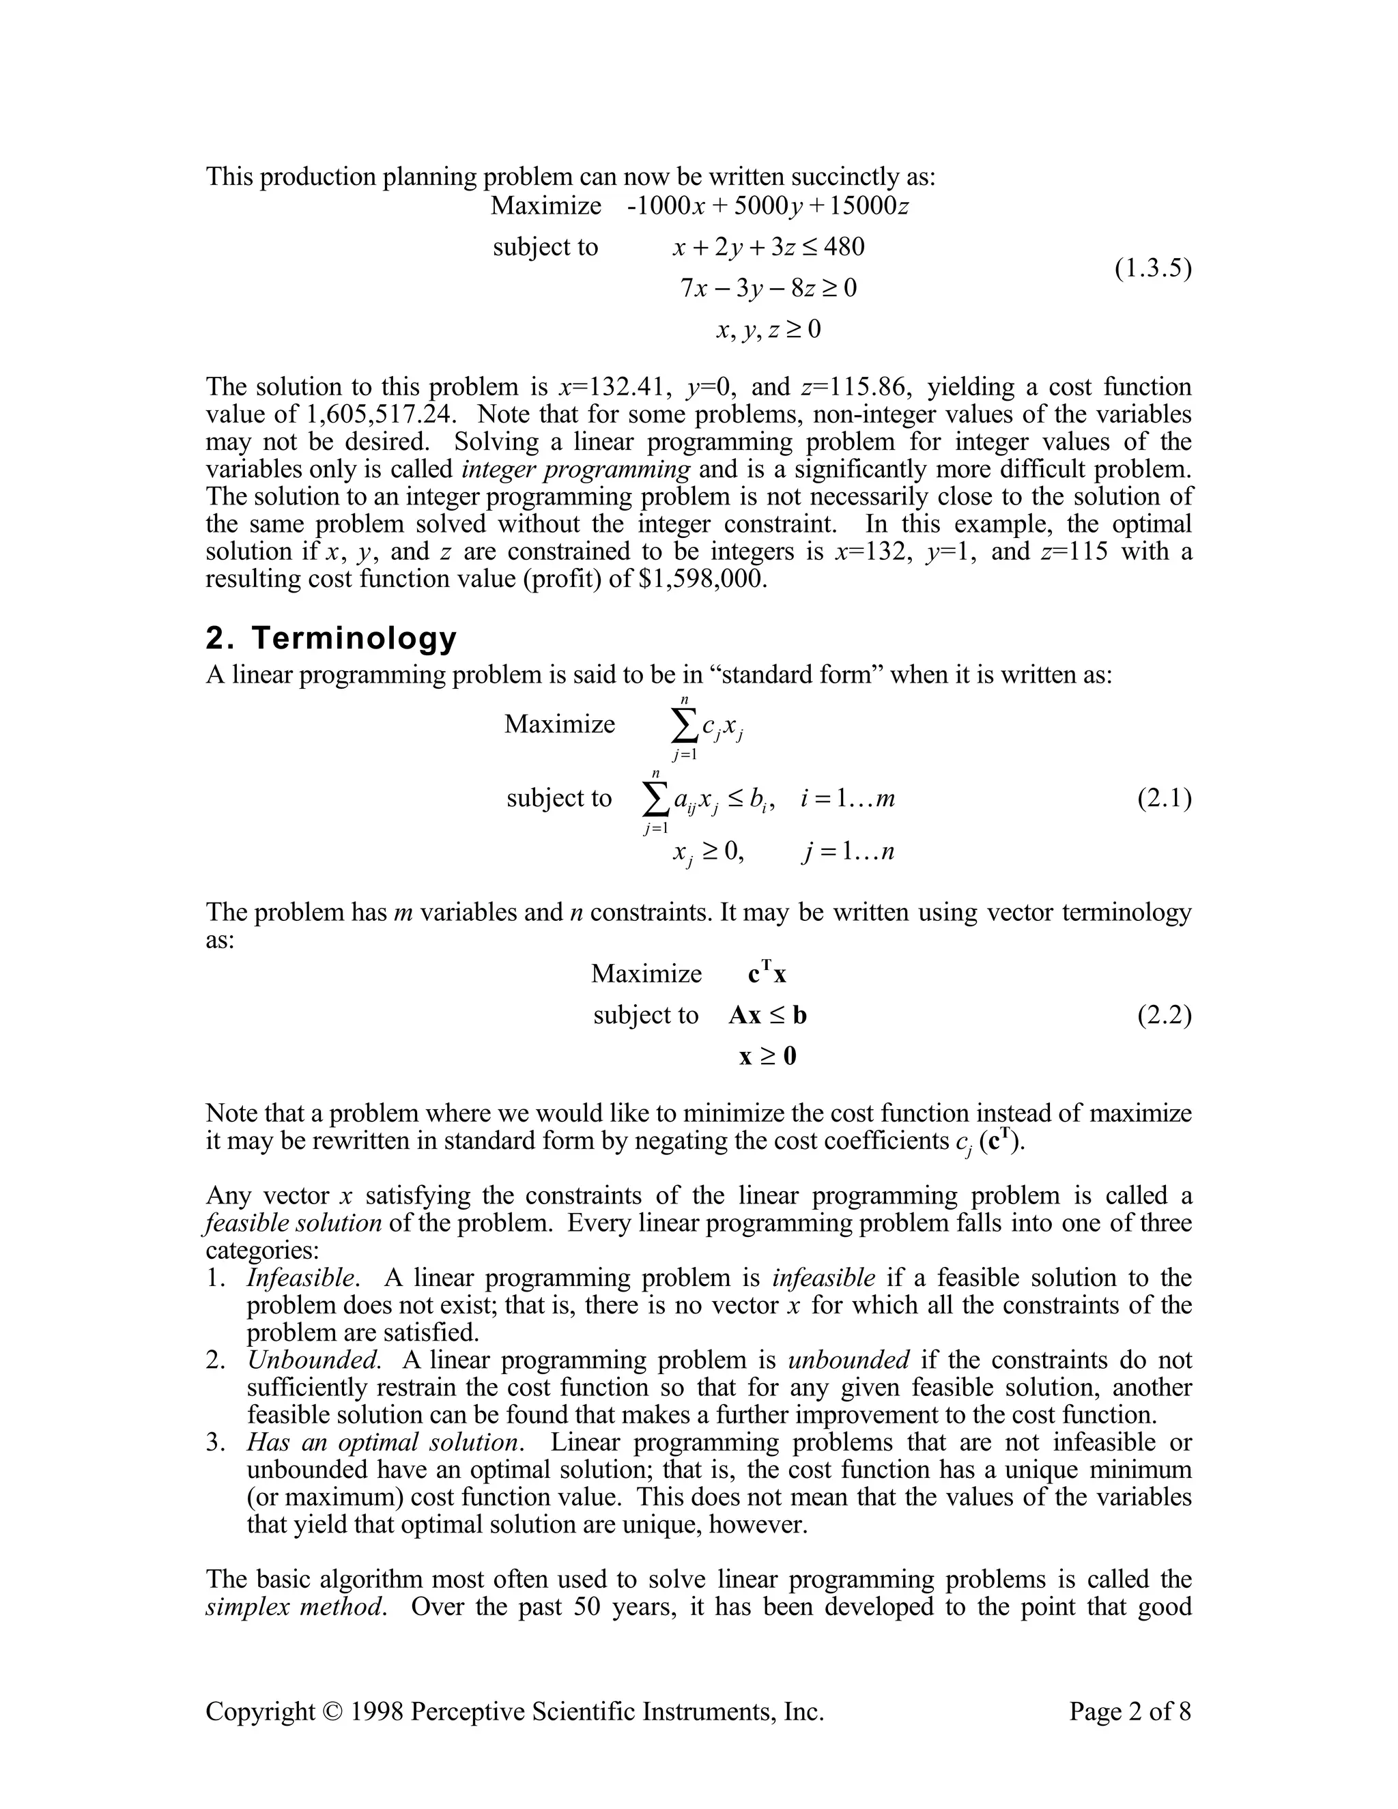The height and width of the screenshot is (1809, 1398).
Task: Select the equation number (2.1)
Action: (1164, 799)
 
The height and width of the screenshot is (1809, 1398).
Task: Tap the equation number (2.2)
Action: (1164, 1016)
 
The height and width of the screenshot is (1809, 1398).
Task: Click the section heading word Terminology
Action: (354, 639)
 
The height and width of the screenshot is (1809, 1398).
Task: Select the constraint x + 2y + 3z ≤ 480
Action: (768, 247)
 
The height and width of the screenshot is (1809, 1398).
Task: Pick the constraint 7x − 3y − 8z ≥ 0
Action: (768, 288)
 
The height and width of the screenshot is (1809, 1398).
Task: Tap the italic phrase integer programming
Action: (575, 469)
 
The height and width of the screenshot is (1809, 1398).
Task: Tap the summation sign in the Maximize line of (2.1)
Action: (683, 726)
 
